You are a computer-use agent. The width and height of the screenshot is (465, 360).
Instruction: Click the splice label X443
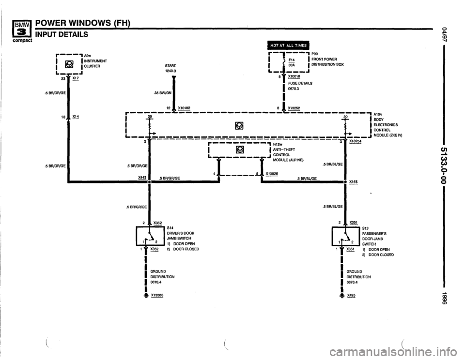click(142, 178)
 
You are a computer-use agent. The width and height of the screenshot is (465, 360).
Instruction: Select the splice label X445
click(353, 182)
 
